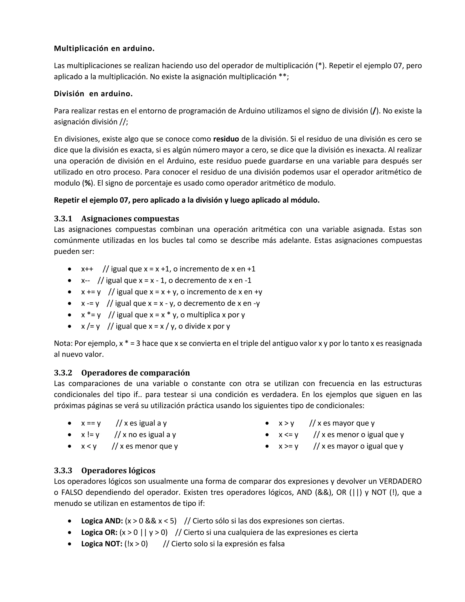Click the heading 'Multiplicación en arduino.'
pyautogui.click(x=104, y=49)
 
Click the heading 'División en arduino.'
pyautogui.click(x=93, y=94)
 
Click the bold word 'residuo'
pyautogui.click(x=226, y=139)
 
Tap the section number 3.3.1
pyautogui.click(x=63, y=219)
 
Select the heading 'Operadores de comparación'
pyautogui.click(x=136, y=373)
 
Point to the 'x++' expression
pyautogui.click(x=87, y=269)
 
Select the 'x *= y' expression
pyautogui.click(x=91, y=315)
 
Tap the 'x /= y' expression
pyautogui.click(x=90, y=326)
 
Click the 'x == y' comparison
pyautogui.click(x=91, y=423)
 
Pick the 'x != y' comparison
pyautogui.click(x=90, y=435)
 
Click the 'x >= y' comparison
pyautogui.click(x=288, y=446)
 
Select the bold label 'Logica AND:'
pyautogui.click(x=102, y=521)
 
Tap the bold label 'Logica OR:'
pyautogui.click(x=99, y=532)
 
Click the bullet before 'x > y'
pyautogui.click(x=267, y=423)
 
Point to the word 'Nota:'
pyautogui.click(x=63, y=343)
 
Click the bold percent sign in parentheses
pyautogui.click(x=88, y=183)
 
